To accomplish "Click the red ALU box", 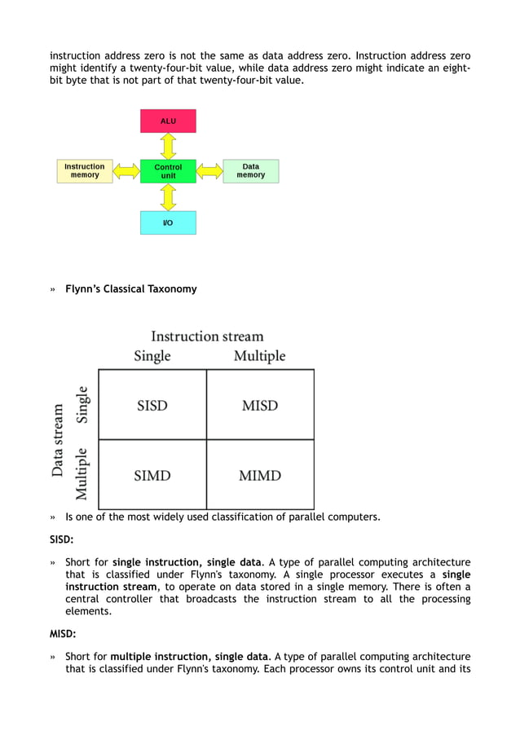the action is point(168,121).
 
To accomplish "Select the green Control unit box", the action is point(168,171).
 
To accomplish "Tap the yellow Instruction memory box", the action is point(85,171).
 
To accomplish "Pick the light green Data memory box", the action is point(250,171).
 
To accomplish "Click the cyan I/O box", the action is point(168,222).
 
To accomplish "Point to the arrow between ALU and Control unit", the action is point(168,146).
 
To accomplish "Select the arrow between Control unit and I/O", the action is point(168,196).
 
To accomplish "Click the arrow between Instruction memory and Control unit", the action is point(126,171).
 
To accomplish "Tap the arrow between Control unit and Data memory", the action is point(209,171).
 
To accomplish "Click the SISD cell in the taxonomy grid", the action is point(152,405).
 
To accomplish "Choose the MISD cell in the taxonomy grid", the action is point(260,405).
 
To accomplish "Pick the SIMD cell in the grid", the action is point(152,475).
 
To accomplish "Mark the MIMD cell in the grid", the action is point(260,475).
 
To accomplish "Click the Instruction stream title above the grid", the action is point(207,336).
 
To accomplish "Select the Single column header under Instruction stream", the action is point(152,356).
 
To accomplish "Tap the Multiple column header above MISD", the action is point(260,356).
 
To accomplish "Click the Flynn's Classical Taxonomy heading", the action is point(130,288).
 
